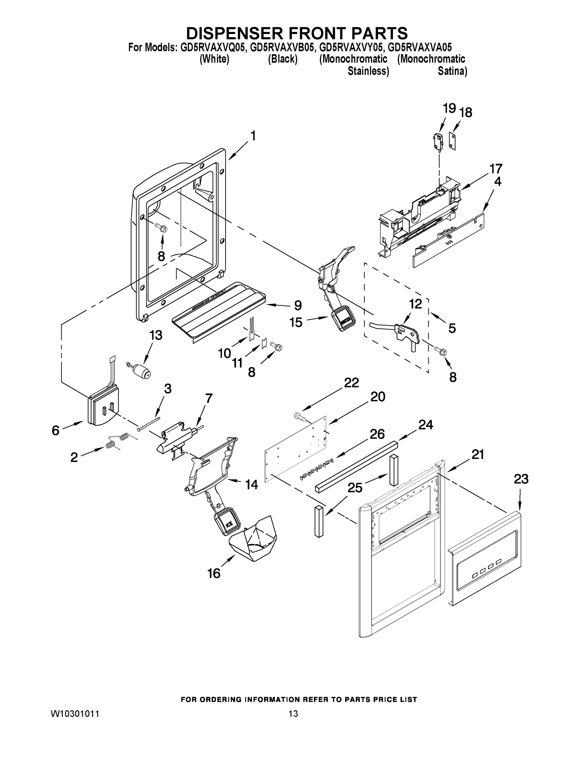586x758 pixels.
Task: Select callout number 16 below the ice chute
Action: click(x=214, y=573)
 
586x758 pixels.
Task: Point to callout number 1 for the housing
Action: click(x=253, y=136)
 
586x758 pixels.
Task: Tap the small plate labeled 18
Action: click(x=452, y=141)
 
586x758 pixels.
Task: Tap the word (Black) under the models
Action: click(x=283, y=59)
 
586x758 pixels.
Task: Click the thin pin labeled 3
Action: click(x=148, y=424)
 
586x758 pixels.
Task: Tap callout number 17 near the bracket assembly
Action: click(x=496, y=169)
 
